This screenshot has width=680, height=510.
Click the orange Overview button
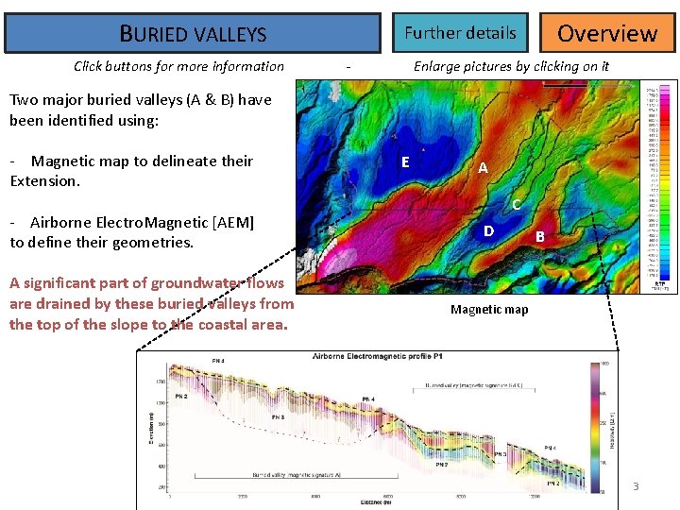[x=607, y=33]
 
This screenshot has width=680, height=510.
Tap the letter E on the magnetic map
[x=405, y=161]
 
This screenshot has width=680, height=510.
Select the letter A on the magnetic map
[x=483, y=168]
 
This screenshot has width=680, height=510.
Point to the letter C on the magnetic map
[x=516, y=204]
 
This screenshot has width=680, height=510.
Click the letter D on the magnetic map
[x=488, y=230]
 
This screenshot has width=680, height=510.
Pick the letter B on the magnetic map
[x=540, y=236]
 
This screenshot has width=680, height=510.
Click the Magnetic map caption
[x=489, y=310]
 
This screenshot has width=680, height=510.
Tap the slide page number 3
[x=636, y=486]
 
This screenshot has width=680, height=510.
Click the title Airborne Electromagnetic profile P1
[x=379, y=357]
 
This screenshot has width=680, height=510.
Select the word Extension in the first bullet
[x=44, y=180]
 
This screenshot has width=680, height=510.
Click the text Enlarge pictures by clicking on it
[x=511, y=66]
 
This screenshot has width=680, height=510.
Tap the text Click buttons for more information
[x=178, y=66]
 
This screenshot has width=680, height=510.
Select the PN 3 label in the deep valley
[x=278, y=416]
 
